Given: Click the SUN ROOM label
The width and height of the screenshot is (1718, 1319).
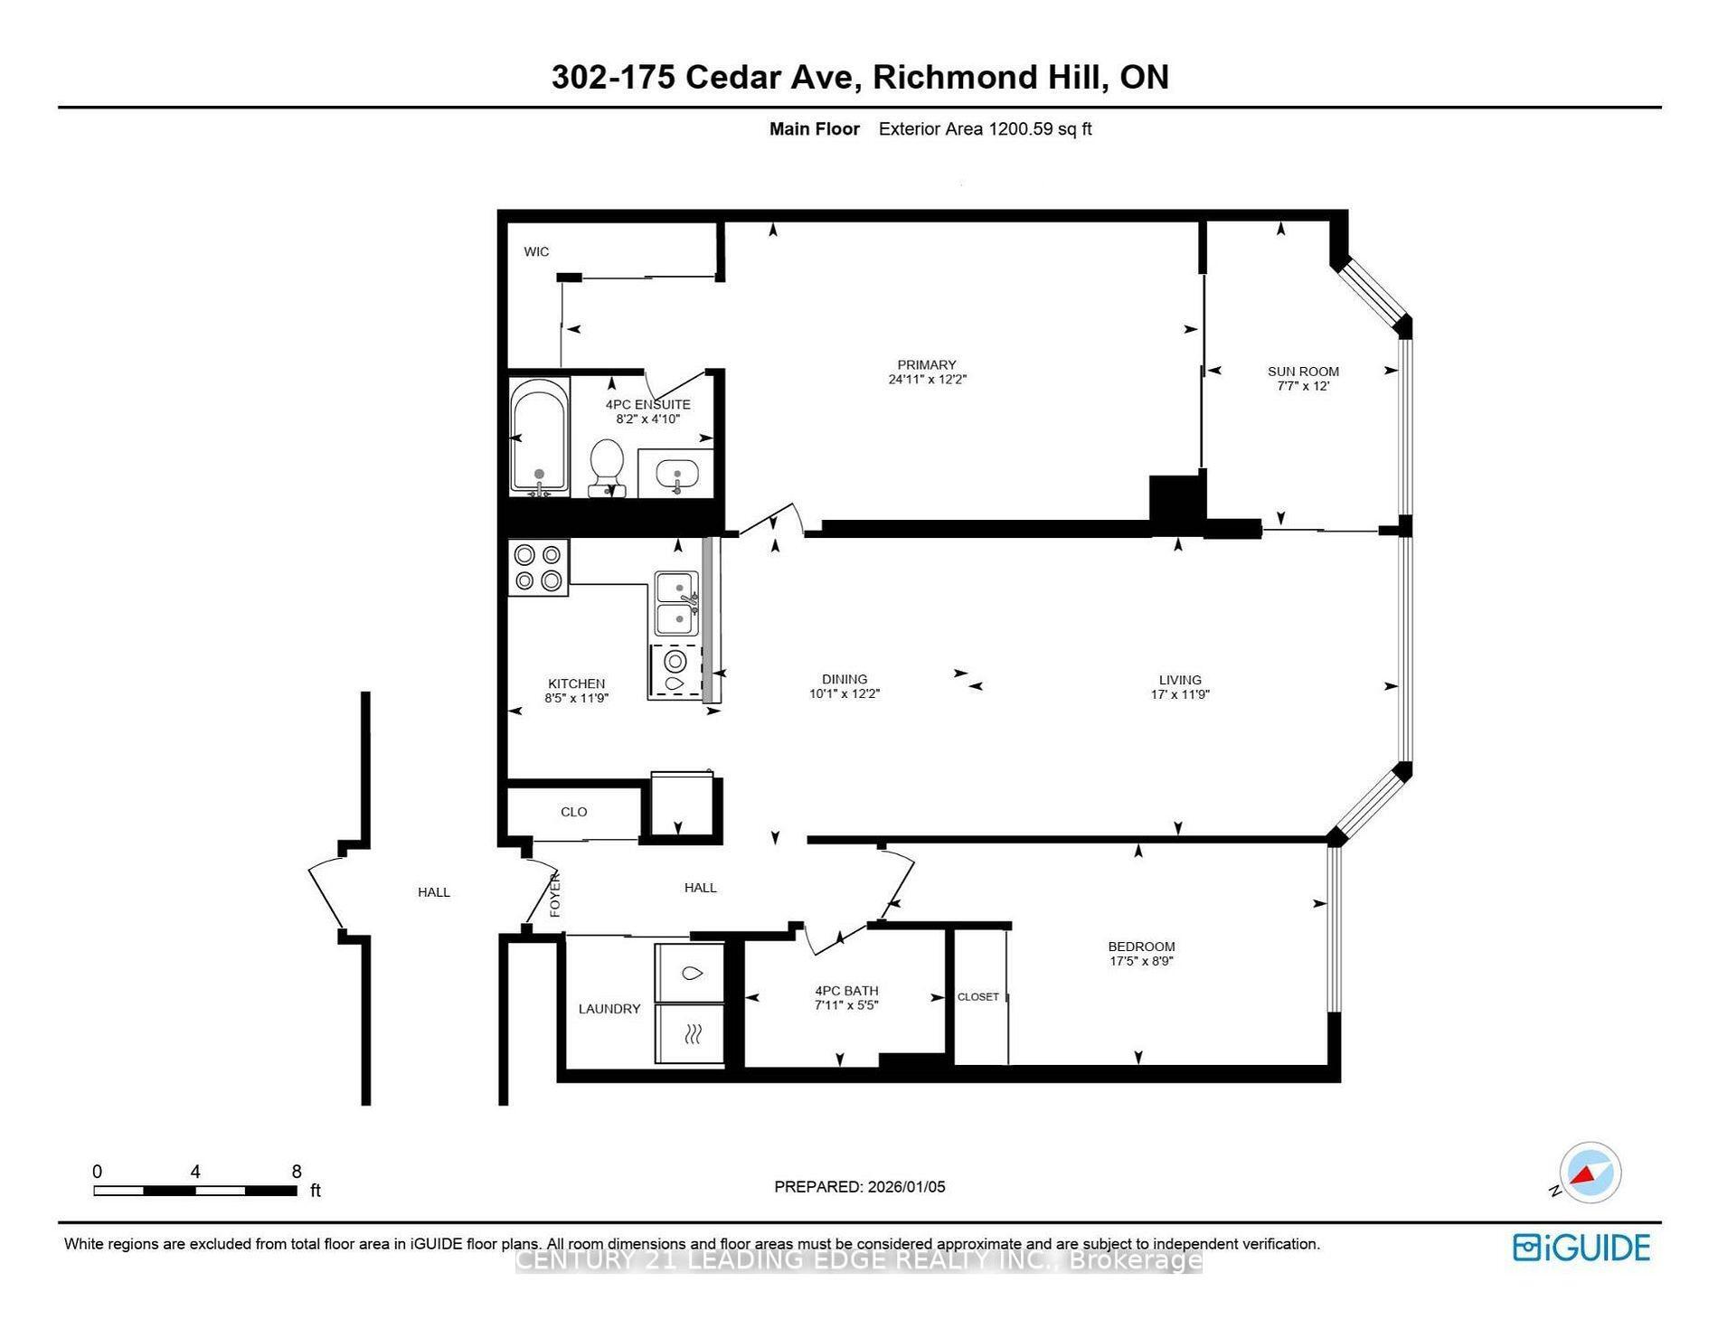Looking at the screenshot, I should coord(1303,371).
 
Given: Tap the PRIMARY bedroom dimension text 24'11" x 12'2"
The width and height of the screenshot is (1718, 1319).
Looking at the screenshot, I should coord(927,380).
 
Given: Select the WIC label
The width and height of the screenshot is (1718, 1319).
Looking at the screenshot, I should coord(536,251).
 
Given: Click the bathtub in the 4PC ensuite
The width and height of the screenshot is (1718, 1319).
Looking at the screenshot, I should coord(539,437).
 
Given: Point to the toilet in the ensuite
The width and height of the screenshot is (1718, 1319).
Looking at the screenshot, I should coord(606,465).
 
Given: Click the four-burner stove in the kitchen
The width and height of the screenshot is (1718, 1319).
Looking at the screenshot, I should coord(538,568).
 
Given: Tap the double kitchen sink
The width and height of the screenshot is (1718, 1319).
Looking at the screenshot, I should coord(676,603).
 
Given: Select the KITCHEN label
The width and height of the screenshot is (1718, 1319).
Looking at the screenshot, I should coord(576,683).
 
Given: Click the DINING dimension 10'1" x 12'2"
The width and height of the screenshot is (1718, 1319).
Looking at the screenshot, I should coord(845,694).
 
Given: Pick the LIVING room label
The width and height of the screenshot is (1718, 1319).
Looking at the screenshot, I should coord(1180,680).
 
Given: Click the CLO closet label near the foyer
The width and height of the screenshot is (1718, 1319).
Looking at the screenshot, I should coord(573,812).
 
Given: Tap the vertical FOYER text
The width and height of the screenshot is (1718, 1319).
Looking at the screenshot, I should coord(555,894).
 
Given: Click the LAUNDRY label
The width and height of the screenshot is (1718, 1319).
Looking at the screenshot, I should coord(609,1009).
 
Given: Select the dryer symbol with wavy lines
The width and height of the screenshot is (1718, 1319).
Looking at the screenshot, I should coord(691,1034).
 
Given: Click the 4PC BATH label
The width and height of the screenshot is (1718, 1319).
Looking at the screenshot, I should coord(846,990).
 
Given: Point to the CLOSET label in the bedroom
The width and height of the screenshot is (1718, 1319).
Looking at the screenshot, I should coord(977,996).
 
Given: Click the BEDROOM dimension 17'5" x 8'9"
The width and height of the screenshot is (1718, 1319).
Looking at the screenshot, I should coord(1141,961).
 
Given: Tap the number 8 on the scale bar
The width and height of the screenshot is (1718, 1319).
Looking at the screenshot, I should coord(297,1172).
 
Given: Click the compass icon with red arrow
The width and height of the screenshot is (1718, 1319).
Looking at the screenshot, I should coord(1590,1173).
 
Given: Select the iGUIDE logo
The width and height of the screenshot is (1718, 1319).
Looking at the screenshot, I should coord(1581,1248).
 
